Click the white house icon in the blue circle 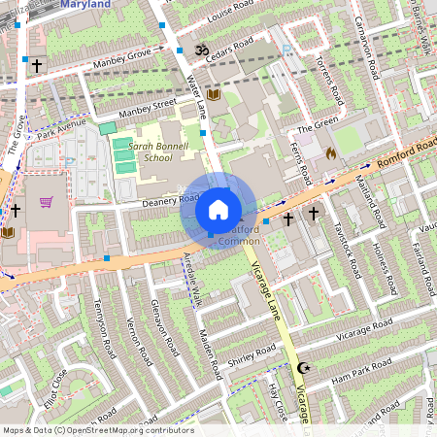click(218, 210)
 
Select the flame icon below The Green click(330, 152)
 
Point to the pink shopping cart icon click(46, 202)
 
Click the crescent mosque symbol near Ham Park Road click(302, 369)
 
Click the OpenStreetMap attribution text click(97, 430)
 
